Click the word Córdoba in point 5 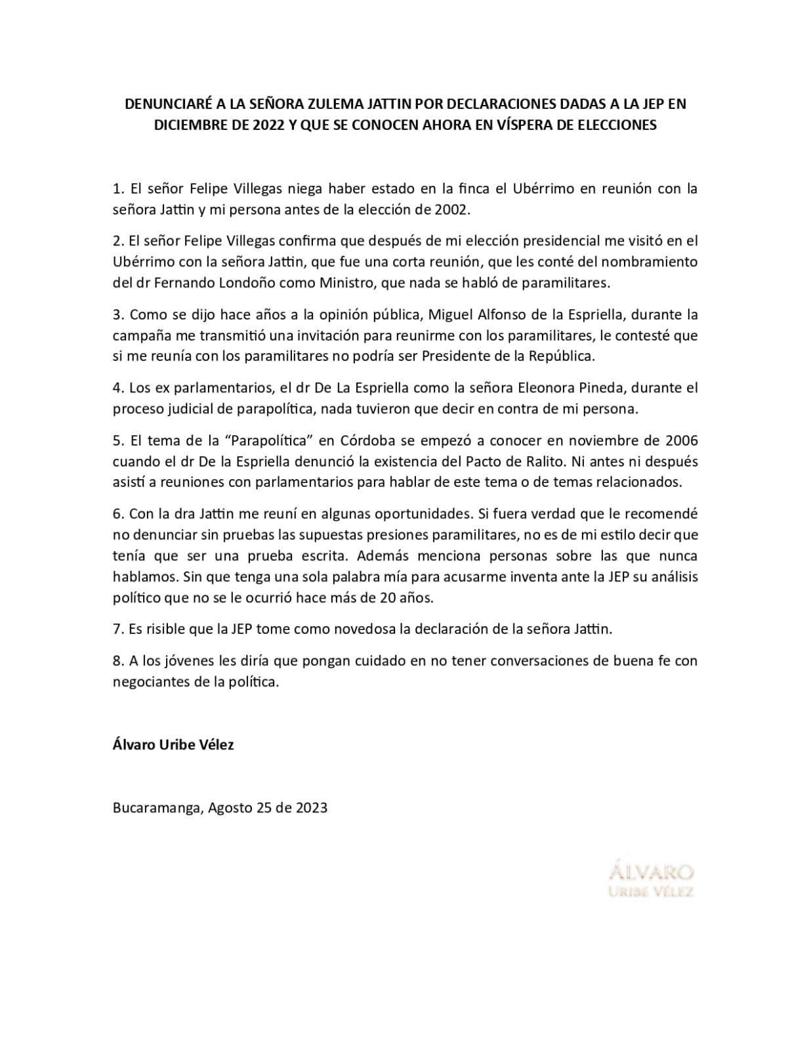coord(369,440)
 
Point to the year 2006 coord(680,440)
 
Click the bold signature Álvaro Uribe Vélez coord(173,745)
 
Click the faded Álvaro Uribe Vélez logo coord(651,880)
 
